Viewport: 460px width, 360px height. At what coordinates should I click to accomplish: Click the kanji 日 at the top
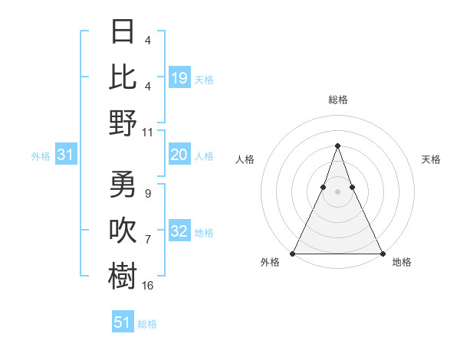click(x=123, y=32)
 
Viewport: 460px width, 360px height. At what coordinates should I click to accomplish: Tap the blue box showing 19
click(x=179, y=77)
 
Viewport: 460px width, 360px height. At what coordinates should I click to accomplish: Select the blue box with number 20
click(x=179, y=155)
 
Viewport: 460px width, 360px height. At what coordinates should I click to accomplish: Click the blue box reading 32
click(x=179, y=231)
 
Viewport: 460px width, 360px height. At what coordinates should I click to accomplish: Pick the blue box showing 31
click(x=66, y=155)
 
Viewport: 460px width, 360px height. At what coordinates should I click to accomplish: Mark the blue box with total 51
click(x=123, y=322)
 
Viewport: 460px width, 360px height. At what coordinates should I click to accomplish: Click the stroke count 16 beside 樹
click(x=148, y=286)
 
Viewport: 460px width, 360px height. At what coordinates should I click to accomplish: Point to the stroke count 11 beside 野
click(x=148, y=131)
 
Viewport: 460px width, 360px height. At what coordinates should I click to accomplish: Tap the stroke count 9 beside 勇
click(x=147, y=194)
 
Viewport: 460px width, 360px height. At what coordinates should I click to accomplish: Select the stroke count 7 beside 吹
click(x=147, y=240)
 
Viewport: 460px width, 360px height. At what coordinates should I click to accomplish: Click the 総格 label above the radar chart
click(x=337, y=100)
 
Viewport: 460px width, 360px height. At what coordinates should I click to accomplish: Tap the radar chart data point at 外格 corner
click(x=293, y=253)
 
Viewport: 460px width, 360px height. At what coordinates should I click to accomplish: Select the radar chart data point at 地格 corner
click(x=382, y=253)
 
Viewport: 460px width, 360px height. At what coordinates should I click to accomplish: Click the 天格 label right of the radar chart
click(x=431, y=159)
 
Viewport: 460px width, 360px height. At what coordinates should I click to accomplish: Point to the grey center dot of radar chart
click(x=337, y=191)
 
